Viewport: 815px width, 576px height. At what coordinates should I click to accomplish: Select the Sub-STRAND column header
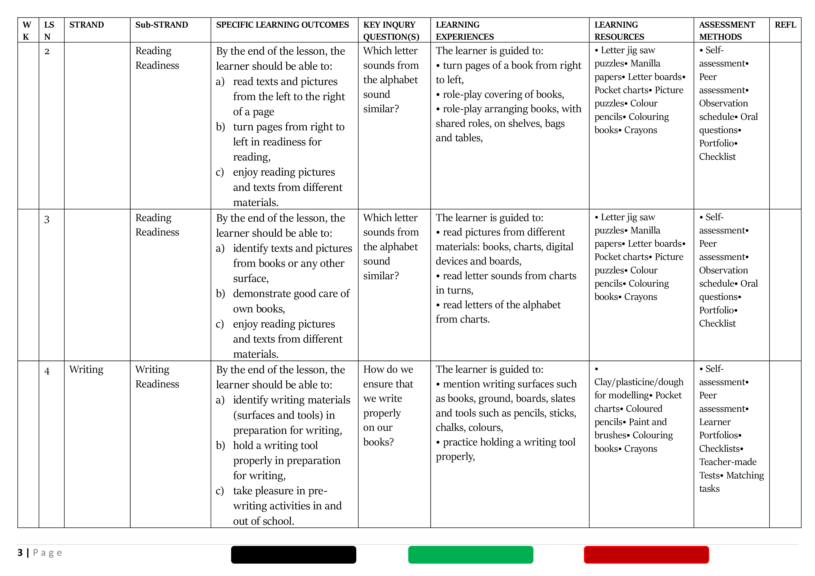161,25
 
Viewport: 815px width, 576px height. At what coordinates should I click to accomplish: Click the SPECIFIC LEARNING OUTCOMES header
282,25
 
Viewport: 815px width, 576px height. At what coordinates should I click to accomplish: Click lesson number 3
47,219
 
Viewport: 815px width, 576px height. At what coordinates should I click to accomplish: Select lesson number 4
47,371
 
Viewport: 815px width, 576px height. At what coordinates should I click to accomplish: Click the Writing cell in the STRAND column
86,370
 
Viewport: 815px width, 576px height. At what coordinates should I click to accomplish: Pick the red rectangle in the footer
646,554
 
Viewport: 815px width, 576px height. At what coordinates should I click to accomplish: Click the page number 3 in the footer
20,553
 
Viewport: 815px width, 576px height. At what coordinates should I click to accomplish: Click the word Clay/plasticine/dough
639,382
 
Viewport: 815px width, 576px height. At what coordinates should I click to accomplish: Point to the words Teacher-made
727,462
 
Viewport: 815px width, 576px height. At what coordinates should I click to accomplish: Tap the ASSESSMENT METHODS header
727,30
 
